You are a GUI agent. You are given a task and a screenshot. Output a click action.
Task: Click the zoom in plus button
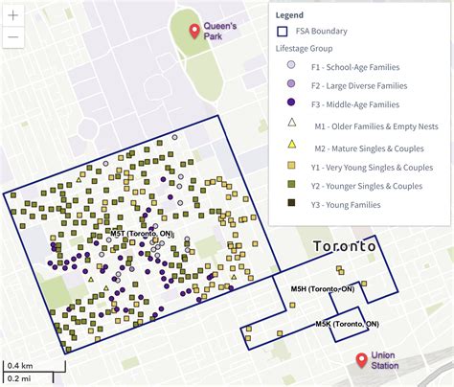[x=13, y=16]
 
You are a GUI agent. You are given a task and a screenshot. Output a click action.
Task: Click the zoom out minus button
[x=13, y=38]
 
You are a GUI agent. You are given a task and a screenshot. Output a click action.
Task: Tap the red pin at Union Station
[x=360, y=360]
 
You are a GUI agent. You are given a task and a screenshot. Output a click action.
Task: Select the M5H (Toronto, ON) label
[x=323, y=288]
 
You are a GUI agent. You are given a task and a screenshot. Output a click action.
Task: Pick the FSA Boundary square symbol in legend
[x=291, y=31]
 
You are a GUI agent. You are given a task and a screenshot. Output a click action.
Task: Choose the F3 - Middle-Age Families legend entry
[x=357, y=103]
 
